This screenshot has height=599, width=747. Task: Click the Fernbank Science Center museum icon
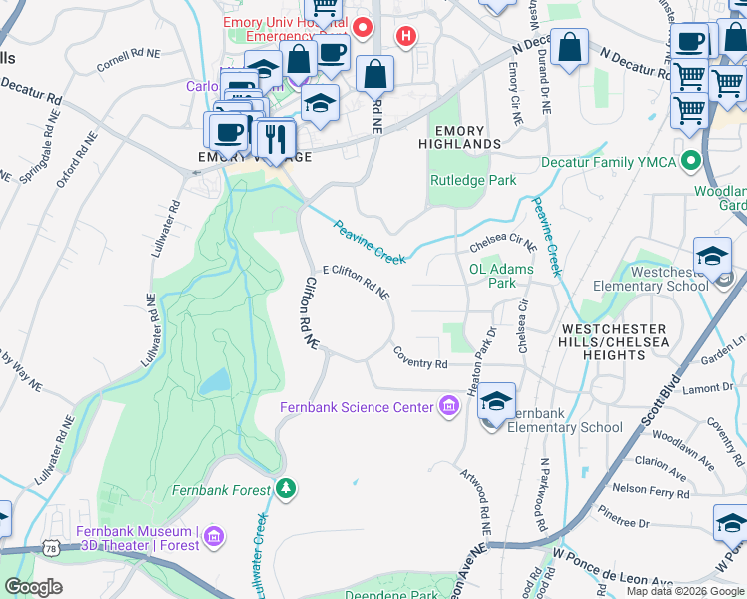(x=449, y=406)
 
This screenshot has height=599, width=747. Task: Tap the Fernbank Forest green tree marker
(x=287, y=489)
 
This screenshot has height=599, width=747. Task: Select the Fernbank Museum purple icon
(x=212, y=538)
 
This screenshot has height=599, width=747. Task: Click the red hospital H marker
(x=405, y=37)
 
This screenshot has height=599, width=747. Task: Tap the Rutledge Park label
(x=472, y=181)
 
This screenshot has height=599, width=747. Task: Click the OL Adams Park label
(x=501, y=276)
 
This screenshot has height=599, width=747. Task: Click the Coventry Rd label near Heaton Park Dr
(x=420, y=357)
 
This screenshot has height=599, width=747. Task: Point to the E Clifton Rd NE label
(x=357, y=283)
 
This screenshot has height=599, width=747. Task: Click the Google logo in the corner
(x=34, y=587)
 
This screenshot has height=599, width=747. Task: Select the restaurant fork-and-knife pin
(x=275, y=138)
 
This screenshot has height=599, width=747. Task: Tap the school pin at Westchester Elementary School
(x=713, y=257)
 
